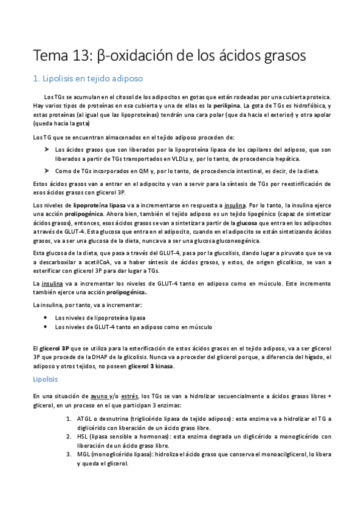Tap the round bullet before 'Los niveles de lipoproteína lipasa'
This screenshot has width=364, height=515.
47,318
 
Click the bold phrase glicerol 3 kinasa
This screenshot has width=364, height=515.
150,366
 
